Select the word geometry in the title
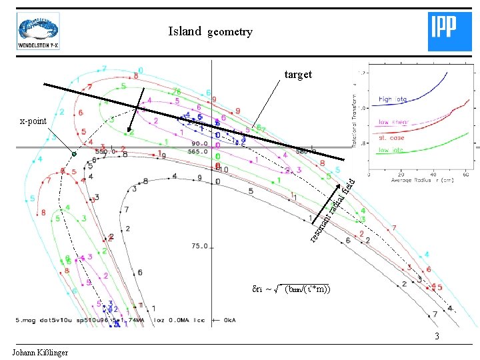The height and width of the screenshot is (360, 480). tap(230, 32)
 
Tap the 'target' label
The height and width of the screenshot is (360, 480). tap(297, 75)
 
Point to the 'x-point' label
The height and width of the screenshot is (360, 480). tap(33, 121)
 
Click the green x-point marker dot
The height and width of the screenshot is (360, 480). tap(75, 154)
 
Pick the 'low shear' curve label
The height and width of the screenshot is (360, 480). tap(393, 122)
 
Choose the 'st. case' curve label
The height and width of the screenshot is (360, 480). tap(393, 137)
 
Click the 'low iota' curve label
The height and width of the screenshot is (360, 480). tap(393, 150)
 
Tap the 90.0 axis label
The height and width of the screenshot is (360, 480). tap(200, 143)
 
